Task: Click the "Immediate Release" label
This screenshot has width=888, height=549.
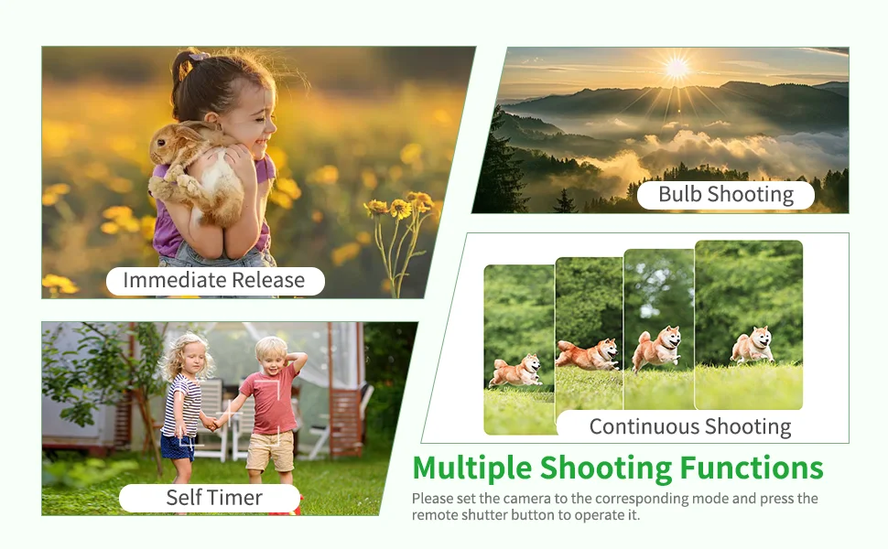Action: (214, 280)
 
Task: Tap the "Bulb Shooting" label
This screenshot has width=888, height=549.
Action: (725, 194)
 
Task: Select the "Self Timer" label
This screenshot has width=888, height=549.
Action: (214, 498)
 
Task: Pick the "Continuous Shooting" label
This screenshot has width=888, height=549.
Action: (689, 426)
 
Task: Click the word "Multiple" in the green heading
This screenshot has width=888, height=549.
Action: (471, 468)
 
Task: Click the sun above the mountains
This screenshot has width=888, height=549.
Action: (677, 68)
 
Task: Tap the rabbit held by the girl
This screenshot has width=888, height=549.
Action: (194, 173)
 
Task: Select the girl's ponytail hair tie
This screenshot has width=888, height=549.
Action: (199, 56)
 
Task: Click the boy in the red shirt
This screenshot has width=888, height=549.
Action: (271, 409)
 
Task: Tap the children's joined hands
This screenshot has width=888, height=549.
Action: (213, 423)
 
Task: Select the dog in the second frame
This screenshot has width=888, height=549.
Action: (588, 355)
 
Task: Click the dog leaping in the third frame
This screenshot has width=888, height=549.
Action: (657, 348)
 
